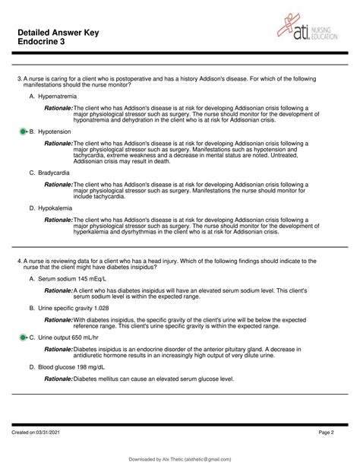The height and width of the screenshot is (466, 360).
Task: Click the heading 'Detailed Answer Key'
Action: (60, 24)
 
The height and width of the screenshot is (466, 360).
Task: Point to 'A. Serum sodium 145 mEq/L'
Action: (74, 279)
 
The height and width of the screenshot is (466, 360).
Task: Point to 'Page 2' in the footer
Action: (337, 433)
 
